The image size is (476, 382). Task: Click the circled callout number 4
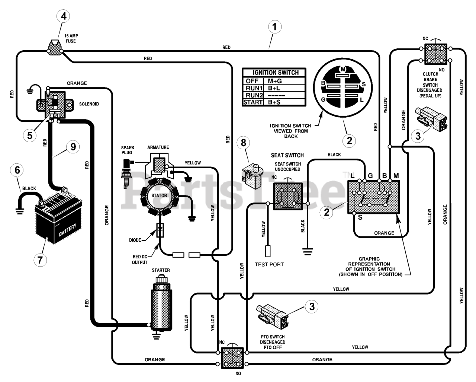(63, 16)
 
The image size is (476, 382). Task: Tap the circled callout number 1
(275, 27)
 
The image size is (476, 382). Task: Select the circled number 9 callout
(73, 147)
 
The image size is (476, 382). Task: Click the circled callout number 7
(40, 260)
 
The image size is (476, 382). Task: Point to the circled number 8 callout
(243, 143)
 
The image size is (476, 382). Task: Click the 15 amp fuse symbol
(55, 48)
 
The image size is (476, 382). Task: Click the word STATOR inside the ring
(159, 195)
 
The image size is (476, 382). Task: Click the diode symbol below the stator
(160, 230)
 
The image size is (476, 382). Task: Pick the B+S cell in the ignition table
(274, 102)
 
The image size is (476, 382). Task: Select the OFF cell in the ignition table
(252, 81)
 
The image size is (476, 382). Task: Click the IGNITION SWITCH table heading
(276, 73)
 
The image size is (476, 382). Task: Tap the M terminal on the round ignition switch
(343, 69)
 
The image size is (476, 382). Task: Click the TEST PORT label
(269, 264)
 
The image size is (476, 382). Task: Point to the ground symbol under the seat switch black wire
(308, 252)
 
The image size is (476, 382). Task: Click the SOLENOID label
(89, 104)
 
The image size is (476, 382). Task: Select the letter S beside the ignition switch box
(360, 217)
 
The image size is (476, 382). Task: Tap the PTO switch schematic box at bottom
(232, 358)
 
